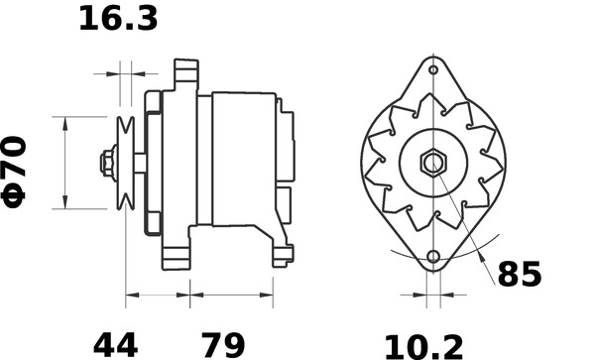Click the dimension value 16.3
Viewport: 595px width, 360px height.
point(118,18)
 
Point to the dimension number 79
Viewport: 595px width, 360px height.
point(225,345)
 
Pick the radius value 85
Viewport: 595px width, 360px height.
point(519,275)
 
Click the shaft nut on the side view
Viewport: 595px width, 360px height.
point(106,162)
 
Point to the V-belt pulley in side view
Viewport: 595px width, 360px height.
point(126,162)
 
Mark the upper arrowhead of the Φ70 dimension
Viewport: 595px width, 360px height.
point(65,121)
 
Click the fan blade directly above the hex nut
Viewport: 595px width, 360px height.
point(433,109)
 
